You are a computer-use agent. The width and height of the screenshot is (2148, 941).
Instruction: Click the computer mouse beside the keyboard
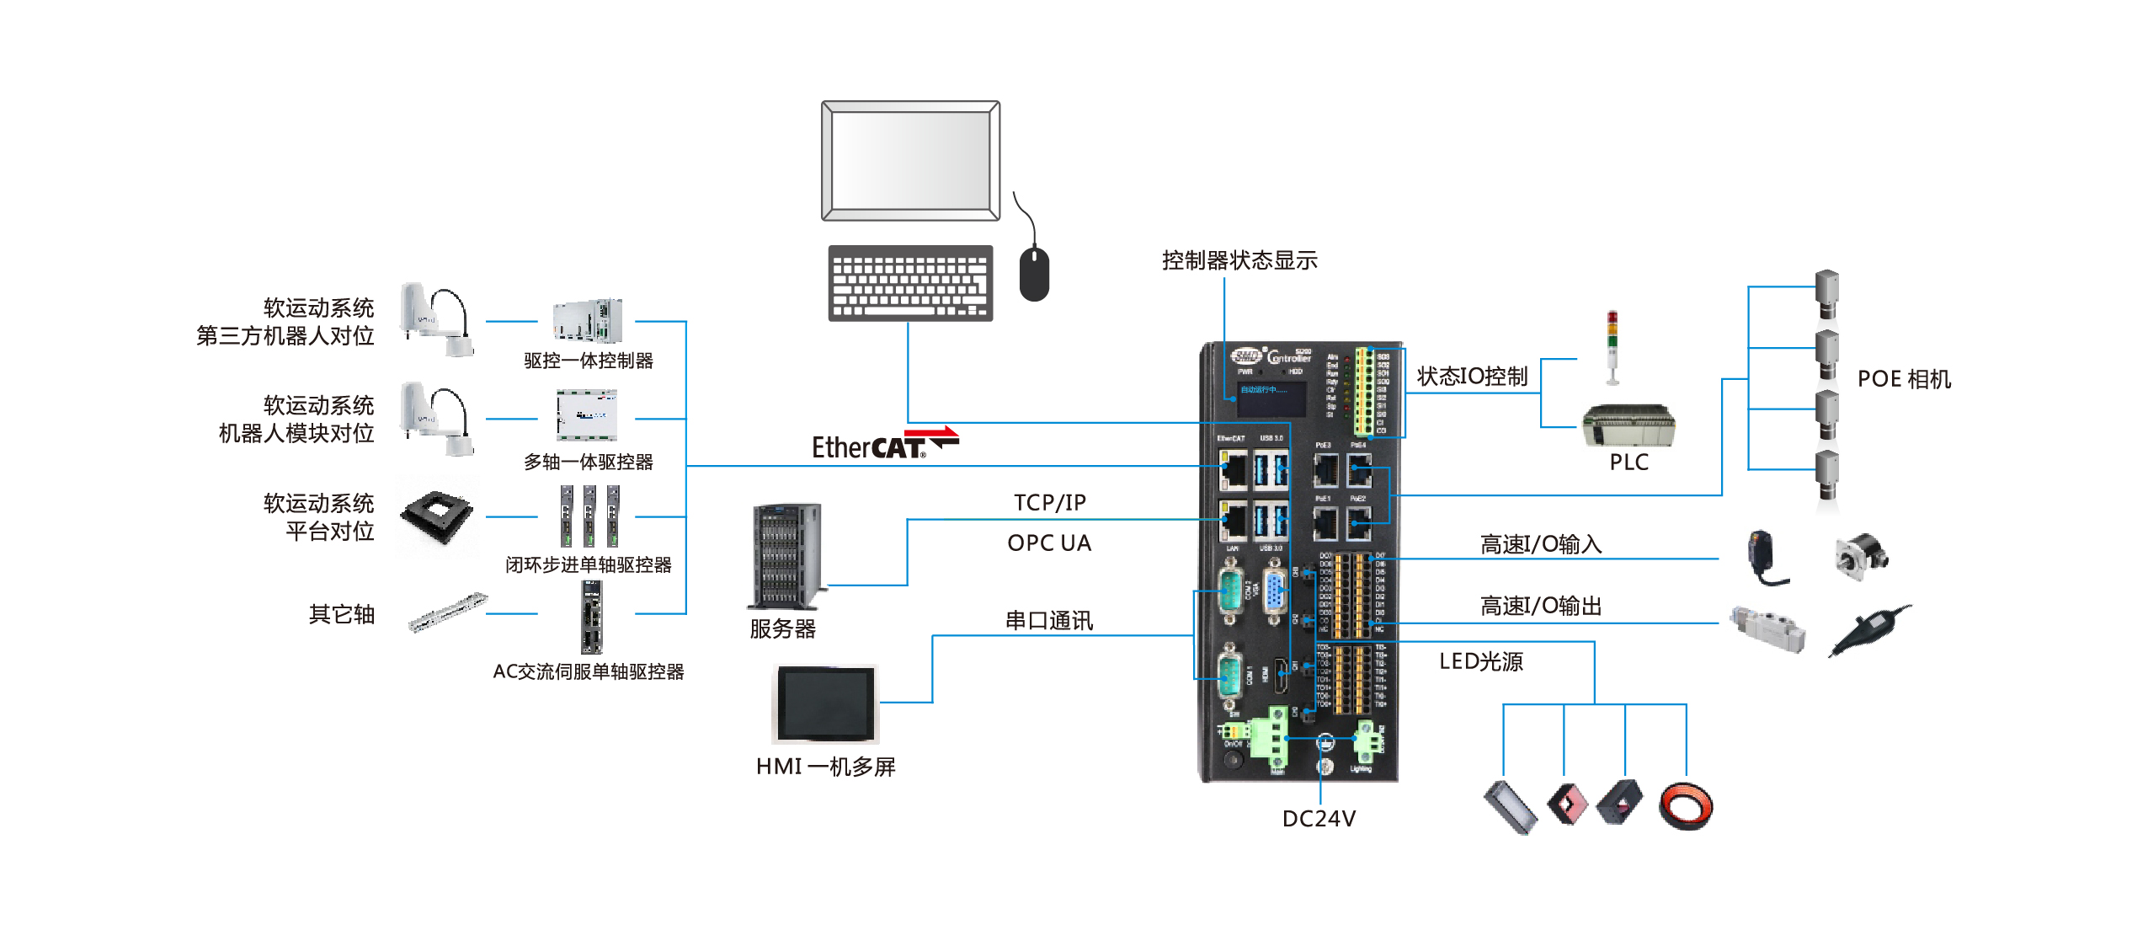[1033, 273]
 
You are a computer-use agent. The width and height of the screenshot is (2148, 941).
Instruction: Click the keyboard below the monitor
[909, 283]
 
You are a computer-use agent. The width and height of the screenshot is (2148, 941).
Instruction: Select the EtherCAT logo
[883, 444]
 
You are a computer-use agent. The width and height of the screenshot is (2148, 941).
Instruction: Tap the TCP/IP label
[1049, 503]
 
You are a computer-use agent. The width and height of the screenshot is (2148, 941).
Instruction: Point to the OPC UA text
[1049, 543]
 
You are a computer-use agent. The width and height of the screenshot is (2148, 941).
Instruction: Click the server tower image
[786, 556]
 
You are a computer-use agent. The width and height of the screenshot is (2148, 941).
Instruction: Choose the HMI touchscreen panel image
[825, 703]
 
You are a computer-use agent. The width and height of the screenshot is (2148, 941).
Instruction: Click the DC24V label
[1319, 819]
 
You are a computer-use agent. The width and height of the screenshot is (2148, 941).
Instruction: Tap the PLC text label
[1628, 462]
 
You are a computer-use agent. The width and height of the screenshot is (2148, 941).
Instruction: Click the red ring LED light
[1686, 806]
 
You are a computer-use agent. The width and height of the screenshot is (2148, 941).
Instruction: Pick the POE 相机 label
[1904, 379]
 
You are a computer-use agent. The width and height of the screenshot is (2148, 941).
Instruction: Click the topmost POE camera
[1826, 294]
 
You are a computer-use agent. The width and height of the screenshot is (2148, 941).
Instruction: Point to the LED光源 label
[1481, 661]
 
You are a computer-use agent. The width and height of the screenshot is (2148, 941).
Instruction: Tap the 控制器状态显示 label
[1239, 261]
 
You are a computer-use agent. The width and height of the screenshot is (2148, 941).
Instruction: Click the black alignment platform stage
[437, 515]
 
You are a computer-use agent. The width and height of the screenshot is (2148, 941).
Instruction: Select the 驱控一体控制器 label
[589, 361]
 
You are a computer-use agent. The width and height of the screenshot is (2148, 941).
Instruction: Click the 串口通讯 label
[1049, 621]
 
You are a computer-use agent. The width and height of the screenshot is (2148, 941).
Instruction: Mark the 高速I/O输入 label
[1540, 545]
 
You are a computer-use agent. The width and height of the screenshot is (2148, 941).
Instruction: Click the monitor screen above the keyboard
[910, 161]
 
